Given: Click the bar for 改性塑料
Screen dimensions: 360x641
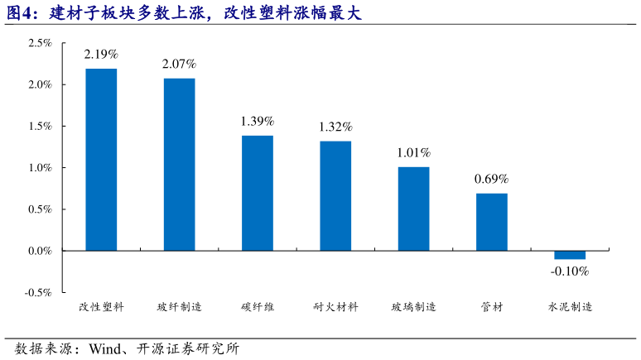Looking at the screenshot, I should [x=101, y=159].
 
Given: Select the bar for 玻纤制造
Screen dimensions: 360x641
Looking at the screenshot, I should [x=179, y=164].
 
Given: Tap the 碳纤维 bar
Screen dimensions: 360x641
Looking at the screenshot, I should [x=258, y=192].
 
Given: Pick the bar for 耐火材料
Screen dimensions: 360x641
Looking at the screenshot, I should [x=335, y=195].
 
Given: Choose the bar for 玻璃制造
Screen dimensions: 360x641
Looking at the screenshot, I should [x=413, y=208].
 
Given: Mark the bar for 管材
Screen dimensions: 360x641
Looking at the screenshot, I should [x=491, y=221].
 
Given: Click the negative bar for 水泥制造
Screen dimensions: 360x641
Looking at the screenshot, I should [x=570, y=254].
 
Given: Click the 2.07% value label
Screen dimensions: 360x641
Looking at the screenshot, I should [x=179, y=64].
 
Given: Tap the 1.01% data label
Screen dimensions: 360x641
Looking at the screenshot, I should [x=413, y=152].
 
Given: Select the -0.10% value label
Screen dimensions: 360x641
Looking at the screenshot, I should [x=570, y=271].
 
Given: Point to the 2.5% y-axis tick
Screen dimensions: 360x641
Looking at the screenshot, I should [x=40, y=43].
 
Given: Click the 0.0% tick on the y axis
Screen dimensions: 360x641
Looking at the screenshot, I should [x=40, y=251].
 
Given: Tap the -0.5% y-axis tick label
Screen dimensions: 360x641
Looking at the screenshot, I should [x=38, y=292].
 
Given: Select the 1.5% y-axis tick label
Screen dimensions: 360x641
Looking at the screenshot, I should [x=40, y=126].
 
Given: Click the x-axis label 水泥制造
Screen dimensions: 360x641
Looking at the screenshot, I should [x=570, y=307].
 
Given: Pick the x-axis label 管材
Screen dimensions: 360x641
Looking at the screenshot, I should [x=491, y=307].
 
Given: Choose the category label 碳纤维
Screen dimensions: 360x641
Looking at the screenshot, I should [x=258, y=307].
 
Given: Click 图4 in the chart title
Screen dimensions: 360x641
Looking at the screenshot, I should [x=21, y=13].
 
